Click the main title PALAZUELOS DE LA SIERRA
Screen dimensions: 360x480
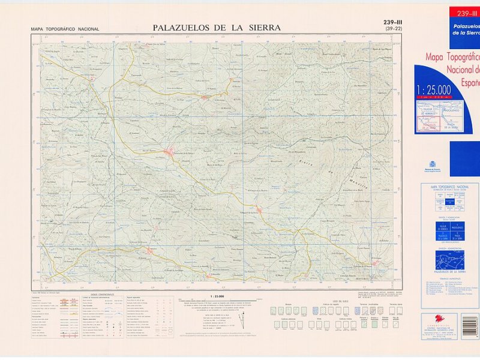[x=217, y=27]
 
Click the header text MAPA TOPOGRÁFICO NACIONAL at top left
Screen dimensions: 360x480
[x=65, y=29]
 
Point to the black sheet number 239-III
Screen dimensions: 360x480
[x=393, y=23]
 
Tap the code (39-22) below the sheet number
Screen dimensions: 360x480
[x=393, y=29]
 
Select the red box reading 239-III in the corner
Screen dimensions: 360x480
[x=464, y=14]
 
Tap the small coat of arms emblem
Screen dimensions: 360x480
[x=431, y=164]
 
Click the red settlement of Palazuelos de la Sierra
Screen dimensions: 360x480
[x=170, y=152]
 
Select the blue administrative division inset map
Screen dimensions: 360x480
[x=441, y=262]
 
